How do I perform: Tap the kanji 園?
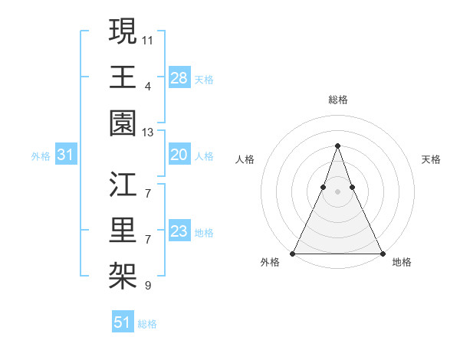pos(123,123)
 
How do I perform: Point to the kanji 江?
pos(123,184)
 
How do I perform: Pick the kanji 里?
pos(123,230)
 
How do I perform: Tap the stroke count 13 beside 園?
pos(148,132)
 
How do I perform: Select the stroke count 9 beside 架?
pos(148,286)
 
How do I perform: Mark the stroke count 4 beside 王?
pos(148,85)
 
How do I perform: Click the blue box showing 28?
pos(179,77)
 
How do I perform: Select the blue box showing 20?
pos(179,155)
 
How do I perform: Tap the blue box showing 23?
pos(179,231)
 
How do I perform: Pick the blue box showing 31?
pos(66,155)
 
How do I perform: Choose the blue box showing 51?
pos(122,322)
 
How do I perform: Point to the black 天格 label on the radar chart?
pos(431,159)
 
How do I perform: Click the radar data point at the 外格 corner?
pos(294,254)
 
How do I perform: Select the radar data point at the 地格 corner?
pos(382,254)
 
